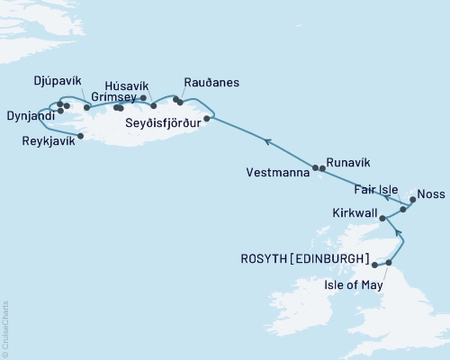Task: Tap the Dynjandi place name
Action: point(27,116)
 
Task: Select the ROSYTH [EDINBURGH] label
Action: point(304,258)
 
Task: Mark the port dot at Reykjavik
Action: point(82,137)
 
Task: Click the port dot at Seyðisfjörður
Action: point(207,118)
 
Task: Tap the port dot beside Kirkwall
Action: point(382,218)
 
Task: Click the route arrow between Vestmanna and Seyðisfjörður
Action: point(267,141)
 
